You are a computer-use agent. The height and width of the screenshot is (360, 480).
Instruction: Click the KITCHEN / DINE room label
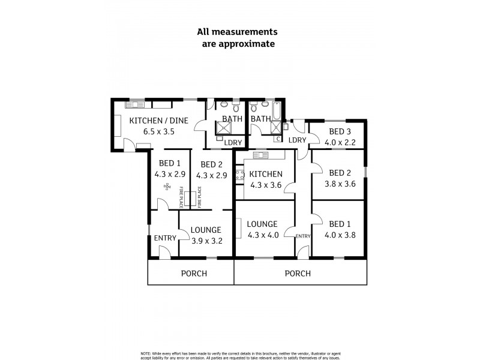pyautogui.click(x=159, y=120)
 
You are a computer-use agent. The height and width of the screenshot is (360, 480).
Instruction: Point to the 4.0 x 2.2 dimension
pyautogui.click(x=340, y=143)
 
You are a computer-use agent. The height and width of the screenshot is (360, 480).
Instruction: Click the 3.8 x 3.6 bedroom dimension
pyautogui.click(x=340, y=184)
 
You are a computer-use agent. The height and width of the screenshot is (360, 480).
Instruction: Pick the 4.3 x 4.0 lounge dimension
pyautogui.click(x=263, y=235)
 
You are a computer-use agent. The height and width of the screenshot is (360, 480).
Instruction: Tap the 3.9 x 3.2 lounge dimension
pyautogui.click(x=206, y=241)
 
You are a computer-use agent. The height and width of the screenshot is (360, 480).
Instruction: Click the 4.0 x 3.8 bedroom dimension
pyautogui.click(x=340, y=235)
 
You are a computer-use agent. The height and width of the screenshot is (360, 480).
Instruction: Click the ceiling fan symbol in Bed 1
pyautogui.click(x=166, y=188)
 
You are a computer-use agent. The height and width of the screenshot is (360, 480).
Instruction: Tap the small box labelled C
pyautogui.click(x=277, y=139)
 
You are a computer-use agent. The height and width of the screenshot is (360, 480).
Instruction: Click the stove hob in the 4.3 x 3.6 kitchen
pyautogui.click(x=238, y=176)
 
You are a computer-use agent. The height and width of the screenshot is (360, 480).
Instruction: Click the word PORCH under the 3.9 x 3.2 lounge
pyautogui.click(x=194, y=274)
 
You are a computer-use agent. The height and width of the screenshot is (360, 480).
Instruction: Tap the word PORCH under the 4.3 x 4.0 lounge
pyautogui.click(x=298, y=274)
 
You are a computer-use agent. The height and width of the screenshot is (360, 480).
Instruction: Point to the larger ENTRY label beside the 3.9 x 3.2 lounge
pyautogui.click(x=165, y=238)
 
